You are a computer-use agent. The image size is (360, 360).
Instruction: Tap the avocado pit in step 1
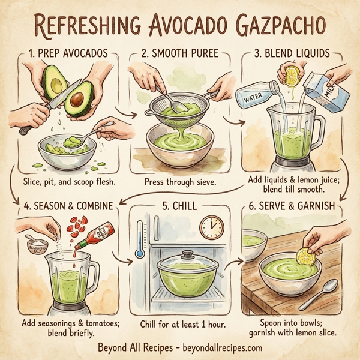click(x=77, y=98)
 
